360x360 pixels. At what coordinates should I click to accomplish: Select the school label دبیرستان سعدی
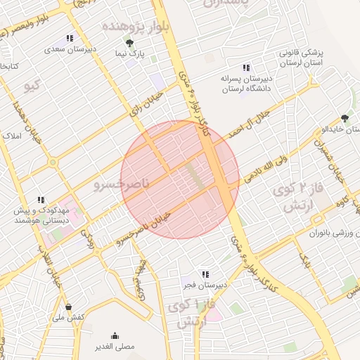coord(69,49)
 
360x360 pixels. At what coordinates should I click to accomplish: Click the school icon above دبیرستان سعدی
coord(70,38)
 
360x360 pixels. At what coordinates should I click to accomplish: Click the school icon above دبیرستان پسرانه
coord(245,67)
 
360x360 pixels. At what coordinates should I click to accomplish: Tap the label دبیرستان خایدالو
coord(340,130)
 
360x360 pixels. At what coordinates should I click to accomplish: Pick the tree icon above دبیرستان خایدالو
coord(345,118)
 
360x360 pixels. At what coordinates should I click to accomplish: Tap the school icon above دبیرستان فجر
coord(205,274)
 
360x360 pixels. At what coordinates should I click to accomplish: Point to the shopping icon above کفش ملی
coord(68,307)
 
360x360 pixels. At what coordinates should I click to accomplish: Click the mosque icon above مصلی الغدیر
coord(115,335)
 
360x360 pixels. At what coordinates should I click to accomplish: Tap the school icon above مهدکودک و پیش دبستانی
coord(41,200)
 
